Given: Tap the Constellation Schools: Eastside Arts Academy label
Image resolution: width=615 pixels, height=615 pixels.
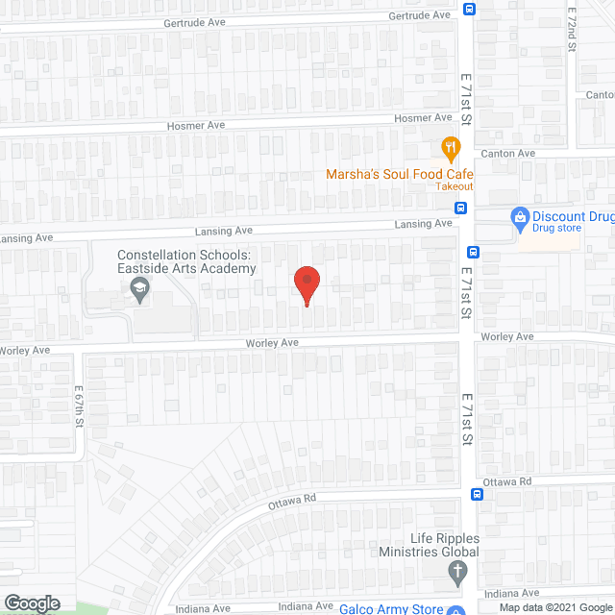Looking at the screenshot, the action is (x=186, y=261).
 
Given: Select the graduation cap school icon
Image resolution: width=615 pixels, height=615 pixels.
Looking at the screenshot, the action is (x=141, y=289).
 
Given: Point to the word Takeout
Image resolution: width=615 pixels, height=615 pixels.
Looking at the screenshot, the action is (x=455, y=186).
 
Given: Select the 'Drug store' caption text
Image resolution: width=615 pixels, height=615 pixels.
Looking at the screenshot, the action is (x=557, y=229).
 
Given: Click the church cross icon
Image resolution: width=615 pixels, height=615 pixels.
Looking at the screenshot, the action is (x=457, y=574).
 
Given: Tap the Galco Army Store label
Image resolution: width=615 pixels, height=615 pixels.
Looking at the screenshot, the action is (x=391, y=608).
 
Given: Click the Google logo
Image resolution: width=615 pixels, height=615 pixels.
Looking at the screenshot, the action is (x=31, y=603).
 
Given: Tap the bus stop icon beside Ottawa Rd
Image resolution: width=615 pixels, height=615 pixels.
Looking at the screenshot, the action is (x=477, y=494).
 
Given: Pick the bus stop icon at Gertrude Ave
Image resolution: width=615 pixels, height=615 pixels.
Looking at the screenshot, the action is (x=469, y=11).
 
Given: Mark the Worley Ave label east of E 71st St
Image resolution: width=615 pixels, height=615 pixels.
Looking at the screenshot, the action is (x=506, y=337).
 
